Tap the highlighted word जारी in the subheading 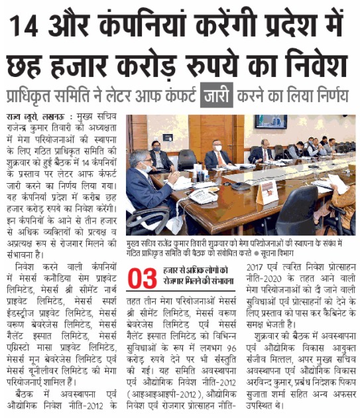217,95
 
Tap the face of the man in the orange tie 217,147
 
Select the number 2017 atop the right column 254,267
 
